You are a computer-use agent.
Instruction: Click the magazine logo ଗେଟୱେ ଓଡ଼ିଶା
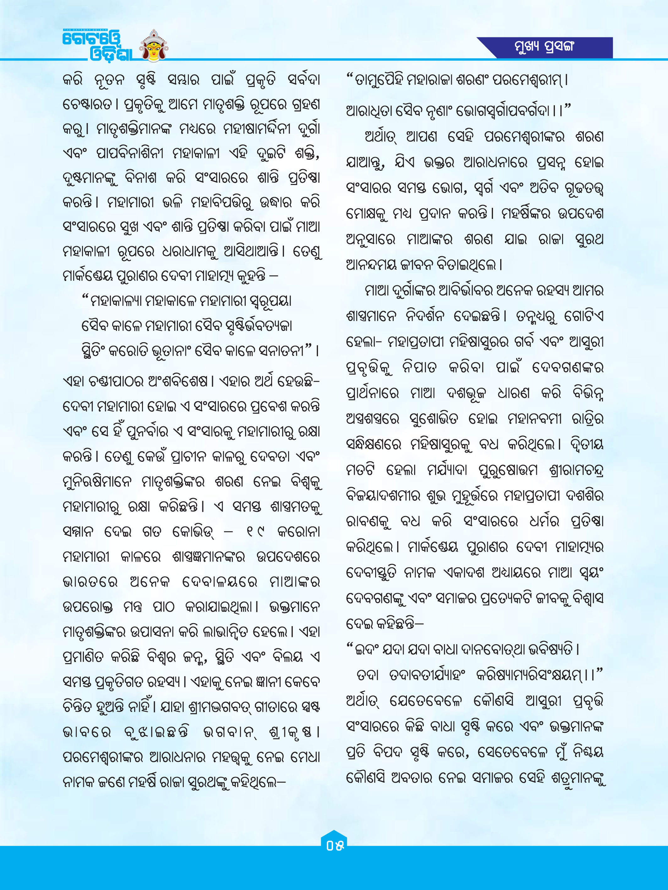point(97,46)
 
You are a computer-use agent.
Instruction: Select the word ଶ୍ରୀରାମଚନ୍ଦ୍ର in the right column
point(576,470)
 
